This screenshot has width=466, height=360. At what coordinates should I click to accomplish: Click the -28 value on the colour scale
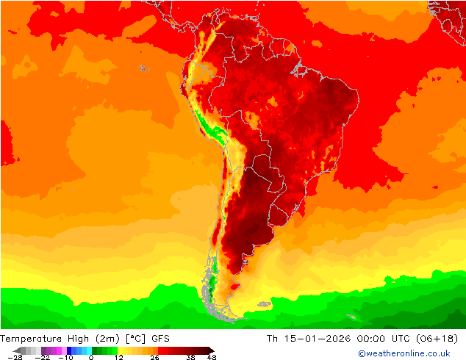click(15, 357)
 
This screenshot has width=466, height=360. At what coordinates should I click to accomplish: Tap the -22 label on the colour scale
click(43, 357)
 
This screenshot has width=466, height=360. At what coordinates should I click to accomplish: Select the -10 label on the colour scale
click(65, 357)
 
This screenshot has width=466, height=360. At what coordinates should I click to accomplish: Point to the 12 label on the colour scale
click(118, 357)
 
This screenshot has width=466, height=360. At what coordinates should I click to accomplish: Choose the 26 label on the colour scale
click(154, 357)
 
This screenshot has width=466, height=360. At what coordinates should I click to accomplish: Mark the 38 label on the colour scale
click(190, 357)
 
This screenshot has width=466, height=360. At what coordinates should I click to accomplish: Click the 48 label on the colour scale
click(212, 357)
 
